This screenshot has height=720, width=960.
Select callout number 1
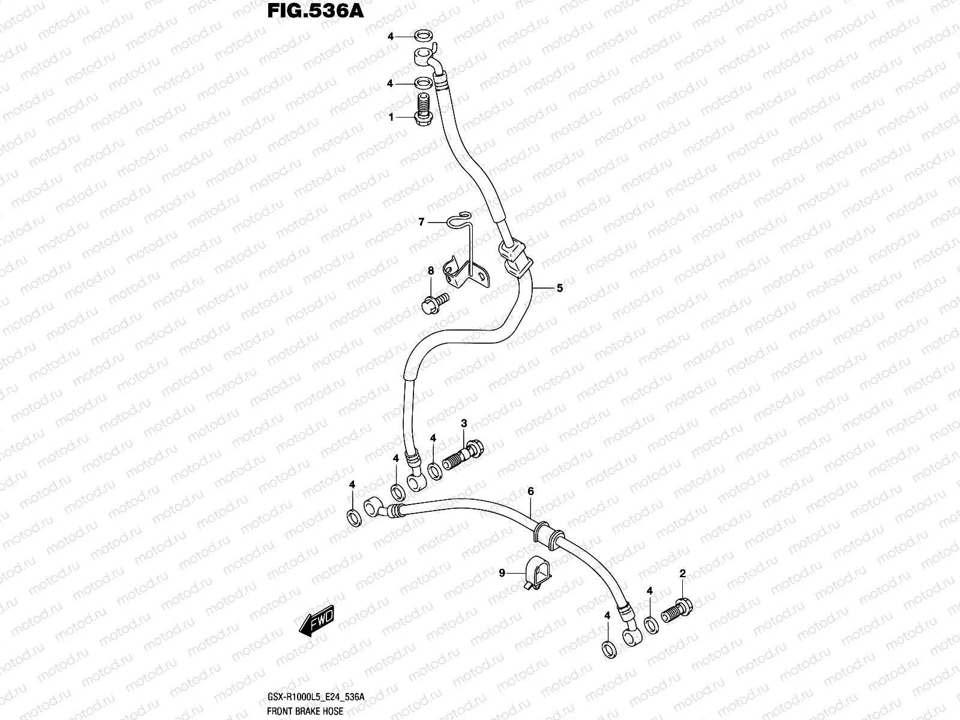pos(391,118)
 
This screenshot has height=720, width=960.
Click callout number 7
pos(421,223)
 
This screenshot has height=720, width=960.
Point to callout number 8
pos(430,271)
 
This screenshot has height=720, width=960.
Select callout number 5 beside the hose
pos(559,288)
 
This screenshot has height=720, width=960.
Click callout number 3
pos(464,424)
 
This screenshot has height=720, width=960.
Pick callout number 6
pos(530,491)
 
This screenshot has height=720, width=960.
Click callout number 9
pos(502,573)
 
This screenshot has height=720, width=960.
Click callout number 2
pos(682,574)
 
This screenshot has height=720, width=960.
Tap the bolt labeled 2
pos(677,610)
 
